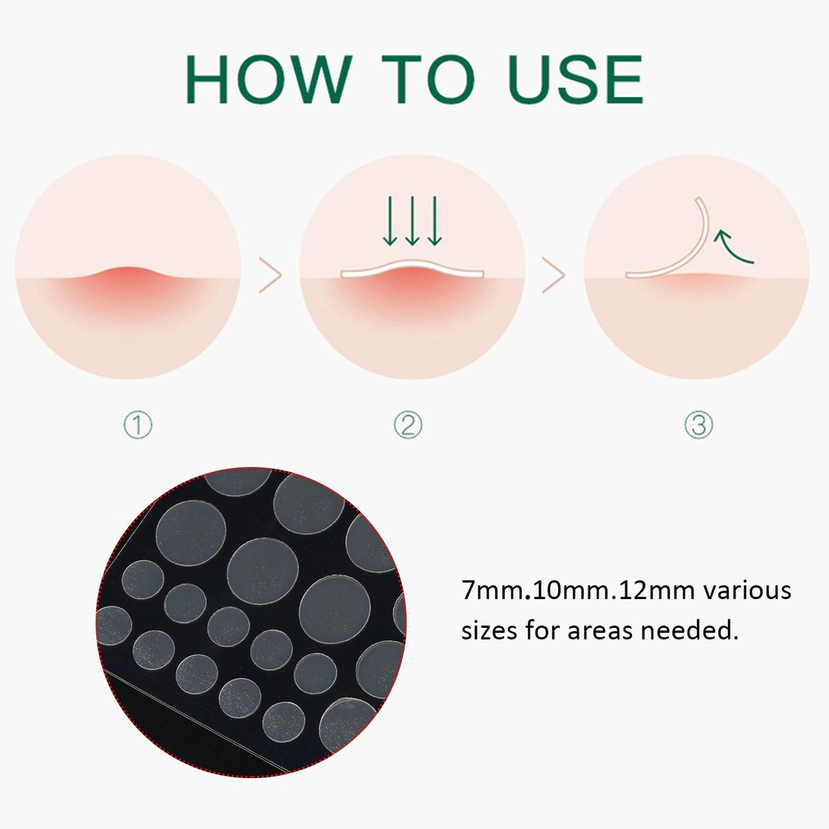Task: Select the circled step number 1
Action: (x=138, y=425)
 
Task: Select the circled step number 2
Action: (x=408, y=425)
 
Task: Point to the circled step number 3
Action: (x=698, y=425)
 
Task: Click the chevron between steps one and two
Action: (x=270, y=276)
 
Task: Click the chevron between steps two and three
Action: (x=554, y=276)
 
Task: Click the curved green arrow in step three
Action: (x=735, y=247)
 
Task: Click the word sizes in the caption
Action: (x=489, y=631)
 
